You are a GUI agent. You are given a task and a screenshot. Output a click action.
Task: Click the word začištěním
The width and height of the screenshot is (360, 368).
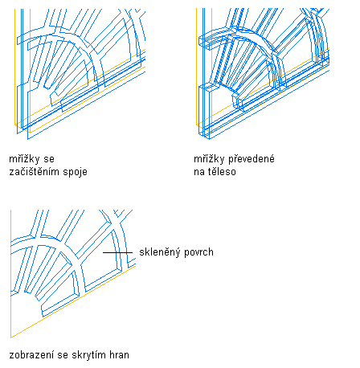35,172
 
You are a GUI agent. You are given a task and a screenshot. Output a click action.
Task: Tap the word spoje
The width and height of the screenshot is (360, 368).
76,172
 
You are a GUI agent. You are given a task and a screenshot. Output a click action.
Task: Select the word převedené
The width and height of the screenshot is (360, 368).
252,159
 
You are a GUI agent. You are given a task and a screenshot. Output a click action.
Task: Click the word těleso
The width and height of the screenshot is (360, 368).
222,172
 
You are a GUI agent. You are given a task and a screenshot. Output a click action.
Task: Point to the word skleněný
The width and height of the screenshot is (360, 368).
157,252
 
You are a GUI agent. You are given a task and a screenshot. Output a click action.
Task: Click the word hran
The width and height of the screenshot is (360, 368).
119,355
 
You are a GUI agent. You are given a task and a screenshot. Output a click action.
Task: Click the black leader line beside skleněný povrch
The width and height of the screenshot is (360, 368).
117,252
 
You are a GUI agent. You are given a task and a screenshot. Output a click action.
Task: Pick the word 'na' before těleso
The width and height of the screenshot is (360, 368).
198,172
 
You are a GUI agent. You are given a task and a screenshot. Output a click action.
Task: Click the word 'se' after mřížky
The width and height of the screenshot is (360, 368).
49,160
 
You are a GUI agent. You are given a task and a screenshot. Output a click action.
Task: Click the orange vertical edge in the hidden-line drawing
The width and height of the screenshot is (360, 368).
10,274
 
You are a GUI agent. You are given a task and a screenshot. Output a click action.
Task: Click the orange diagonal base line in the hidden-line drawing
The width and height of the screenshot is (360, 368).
73,301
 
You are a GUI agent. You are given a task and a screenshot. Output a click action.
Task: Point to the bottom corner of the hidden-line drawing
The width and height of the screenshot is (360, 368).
10,337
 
